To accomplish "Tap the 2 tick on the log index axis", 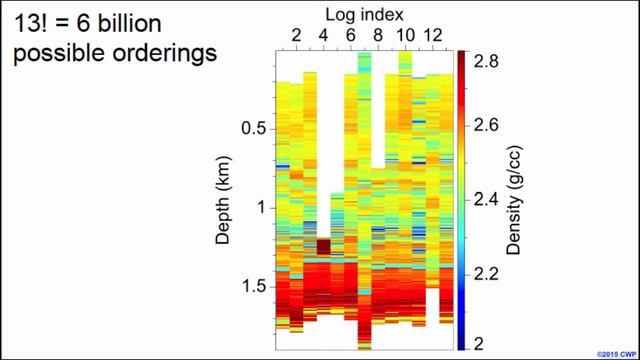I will [296, 36].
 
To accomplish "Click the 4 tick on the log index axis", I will [323, 36].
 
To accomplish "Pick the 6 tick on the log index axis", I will [351, 36].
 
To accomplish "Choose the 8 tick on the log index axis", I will [378, 36].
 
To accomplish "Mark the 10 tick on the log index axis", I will [405, 36].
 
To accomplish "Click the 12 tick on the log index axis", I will [432, 36].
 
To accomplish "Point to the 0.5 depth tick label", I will [255, 129].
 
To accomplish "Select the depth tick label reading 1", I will [263, 208].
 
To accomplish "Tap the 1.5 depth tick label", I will [255, 287].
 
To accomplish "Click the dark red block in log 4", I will [324, 246].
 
